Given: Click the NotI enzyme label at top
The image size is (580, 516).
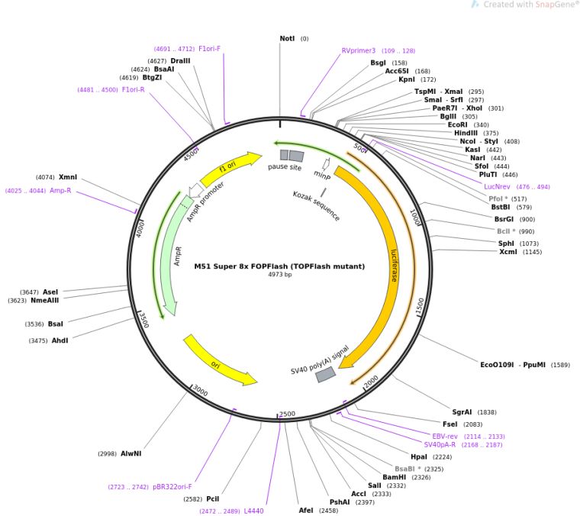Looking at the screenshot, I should point(287,38).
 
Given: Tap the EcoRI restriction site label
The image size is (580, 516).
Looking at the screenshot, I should point(458,124).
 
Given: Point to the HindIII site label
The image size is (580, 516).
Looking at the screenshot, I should point(465,133).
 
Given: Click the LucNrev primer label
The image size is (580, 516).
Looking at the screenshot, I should point(501,186).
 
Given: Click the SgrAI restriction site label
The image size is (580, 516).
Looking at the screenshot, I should point(463,411).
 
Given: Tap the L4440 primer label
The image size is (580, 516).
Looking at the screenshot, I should point(253,511).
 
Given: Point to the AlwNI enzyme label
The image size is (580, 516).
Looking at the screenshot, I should point(130,453).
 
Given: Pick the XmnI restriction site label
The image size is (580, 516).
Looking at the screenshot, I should point(68,177).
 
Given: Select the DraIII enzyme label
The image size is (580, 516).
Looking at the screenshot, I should point(181,60).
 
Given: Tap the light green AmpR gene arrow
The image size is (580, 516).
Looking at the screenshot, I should point(177,252).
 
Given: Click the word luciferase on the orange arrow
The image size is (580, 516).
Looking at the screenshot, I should point(393,264).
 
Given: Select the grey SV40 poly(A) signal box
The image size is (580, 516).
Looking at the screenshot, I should point(326,374).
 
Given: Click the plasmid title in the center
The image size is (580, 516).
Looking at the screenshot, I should point(279,266).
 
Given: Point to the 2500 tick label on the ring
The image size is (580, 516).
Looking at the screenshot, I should point(287,414).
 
